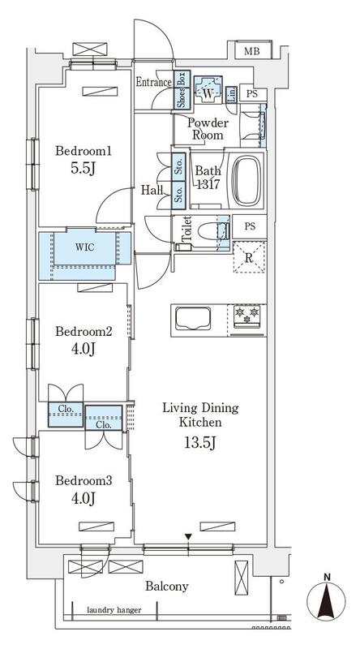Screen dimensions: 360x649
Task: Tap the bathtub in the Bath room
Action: (247, 180)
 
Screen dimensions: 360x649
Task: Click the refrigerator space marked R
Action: (249, 257)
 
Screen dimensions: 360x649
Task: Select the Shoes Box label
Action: (182, 89)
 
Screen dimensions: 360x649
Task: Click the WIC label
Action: (85, 247)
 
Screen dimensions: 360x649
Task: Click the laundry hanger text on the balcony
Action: (114, 610)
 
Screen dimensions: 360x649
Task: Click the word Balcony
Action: (167, 586)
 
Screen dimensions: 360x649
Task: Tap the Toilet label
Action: (186, 229)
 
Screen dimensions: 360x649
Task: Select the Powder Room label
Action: (208, 129)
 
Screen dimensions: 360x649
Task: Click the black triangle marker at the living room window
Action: (188, 537)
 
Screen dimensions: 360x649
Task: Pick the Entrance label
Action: (154, 82)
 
